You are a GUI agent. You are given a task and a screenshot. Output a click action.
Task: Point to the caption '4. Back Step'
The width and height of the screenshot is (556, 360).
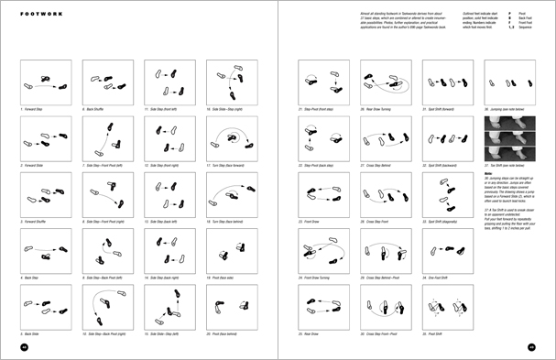(34, 276)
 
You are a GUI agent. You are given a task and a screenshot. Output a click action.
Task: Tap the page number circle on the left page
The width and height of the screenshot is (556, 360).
(25, 347)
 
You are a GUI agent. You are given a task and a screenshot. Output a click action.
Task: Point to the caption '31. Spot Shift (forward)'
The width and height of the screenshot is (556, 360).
(442, 108)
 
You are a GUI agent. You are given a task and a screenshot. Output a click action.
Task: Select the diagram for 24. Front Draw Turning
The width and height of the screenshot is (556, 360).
(321, 249)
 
